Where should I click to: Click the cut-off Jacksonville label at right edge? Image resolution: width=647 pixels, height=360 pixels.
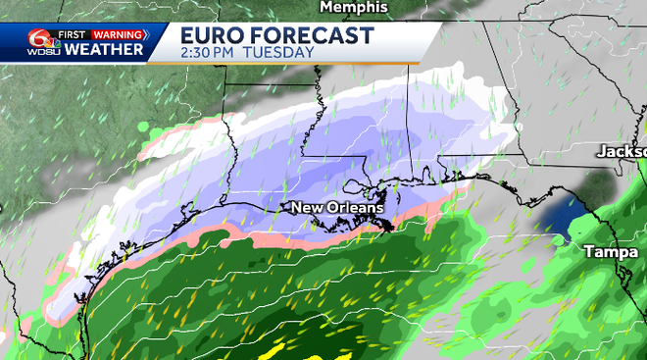pos(623,152)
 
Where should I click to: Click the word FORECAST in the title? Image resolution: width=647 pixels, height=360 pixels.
pos(314,35)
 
